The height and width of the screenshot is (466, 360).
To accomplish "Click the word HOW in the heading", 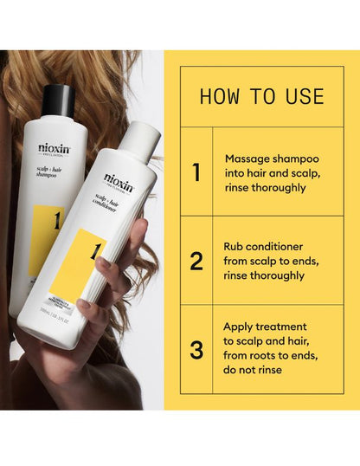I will click(220, 96).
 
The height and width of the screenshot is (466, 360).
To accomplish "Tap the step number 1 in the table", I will click(196, 172).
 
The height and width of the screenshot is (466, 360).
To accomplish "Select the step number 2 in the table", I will click(196, 260).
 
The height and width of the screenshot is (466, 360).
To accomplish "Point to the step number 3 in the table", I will click(196, 350).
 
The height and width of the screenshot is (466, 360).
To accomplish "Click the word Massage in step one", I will click(247, 159).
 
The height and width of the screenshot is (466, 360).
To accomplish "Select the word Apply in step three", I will click(240, 327).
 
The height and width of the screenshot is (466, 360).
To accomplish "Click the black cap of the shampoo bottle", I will click(59, 99).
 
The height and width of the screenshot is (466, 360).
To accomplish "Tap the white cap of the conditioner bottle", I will click(141, 139).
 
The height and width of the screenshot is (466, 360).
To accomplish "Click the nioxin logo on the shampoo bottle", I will click(54, 148).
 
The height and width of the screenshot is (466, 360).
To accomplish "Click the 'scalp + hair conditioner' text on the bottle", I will click(117, 202).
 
